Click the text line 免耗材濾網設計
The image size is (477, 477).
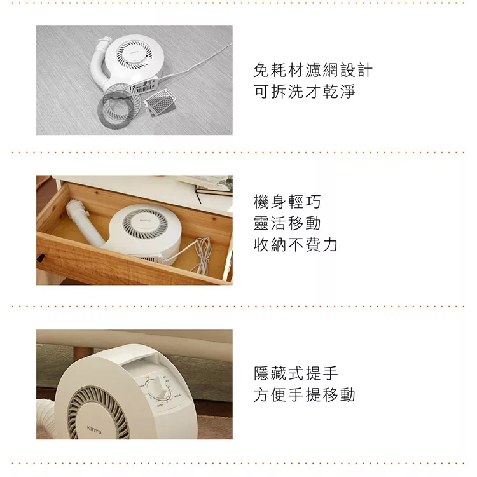point(313,70)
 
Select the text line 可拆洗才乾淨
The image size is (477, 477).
point(304,91)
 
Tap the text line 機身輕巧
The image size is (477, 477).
point(287,202)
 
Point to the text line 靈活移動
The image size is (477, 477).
point(287,223)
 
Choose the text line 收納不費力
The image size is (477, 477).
point(295,245)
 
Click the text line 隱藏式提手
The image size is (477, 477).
point(296,373)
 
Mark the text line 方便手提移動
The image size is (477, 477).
point(304,394)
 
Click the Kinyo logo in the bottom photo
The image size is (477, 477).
point(94,429)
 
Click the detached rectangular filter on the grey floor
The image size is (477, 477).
point(159,102)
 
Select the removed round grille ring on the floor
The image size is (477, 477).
point(120,104)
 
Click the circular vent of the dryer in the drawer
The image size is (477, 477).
point(145,223)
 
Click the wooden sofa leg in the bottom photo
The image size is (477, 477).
point(83,353)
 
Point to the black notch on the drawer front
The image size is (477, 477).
point(40,258)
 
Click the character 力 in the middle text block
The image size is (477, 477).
point(329,245)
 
